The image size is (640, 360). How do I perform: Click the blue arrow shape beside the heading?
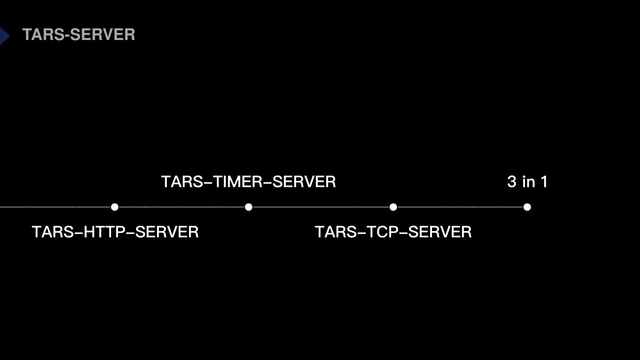pos(4,36)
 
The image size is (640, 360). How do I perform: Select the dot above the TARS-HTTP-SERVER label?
pos(115,207)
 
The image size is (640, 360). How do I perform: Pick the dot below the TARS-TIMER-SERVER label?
pos(248,207)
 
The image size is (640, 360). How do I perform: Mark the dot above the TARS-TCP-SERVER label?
pos(393,207)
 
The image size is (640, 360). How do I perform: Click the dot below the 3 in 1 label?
pos(527,207)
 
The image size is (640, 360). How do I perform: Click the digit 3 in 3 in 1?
pos(512,182)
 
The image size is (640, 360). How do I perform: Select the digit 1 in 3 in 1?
pos(544,182)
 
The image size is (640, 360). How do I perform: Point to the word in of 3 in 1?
pos(529,182)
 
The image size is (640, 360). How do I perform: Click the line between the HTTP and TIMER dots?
pos(181,207)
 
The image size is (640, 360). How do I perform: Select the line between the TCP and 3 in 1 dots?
pos(460,207)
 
